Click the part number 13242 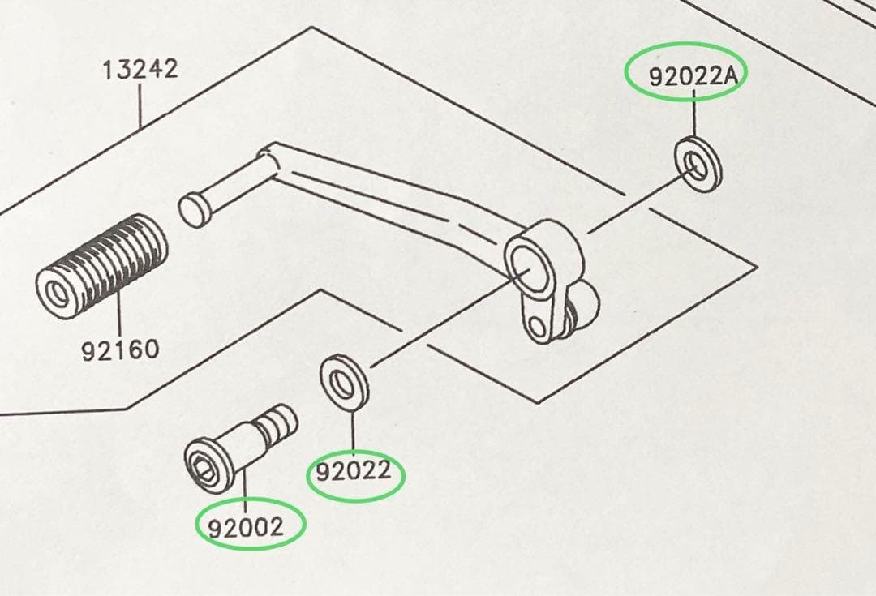140,69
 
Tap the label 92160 120,350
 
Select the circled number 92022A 693,76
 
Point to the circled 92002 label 246,527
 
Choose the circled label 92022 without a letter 354,472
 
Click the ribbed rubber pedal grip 101,266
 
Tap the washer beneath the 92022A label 698,165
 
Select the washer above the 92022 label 344,383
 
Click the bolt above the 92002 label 240,448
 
